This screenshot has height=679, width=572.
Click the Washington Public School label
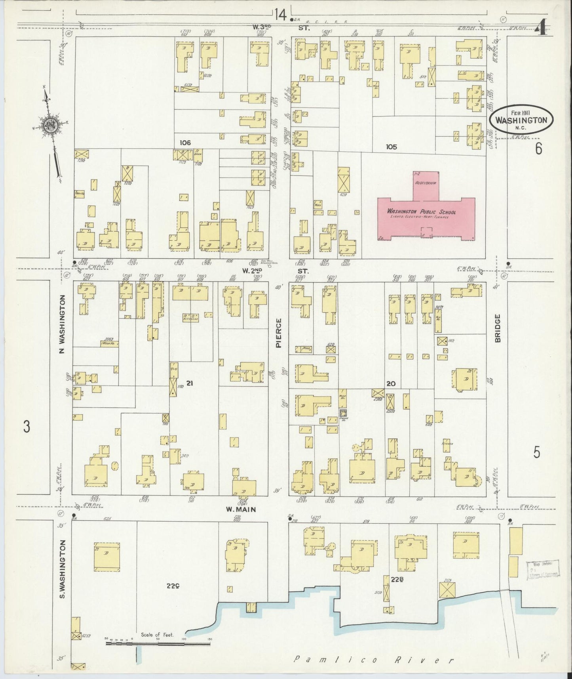[421, 212]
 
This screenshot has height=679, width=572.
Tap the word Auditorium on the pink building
[426, 183]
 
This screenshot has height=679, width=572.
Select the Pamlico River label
[374, 660]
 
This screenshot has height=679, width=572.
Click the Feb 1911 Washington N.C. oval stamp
[521, 119]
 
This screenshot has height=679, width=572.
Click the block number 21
[190, 383]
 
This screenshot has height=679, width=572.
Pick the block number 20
[391, 383]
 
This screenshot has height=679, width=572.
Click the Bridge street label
[498, 328]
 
